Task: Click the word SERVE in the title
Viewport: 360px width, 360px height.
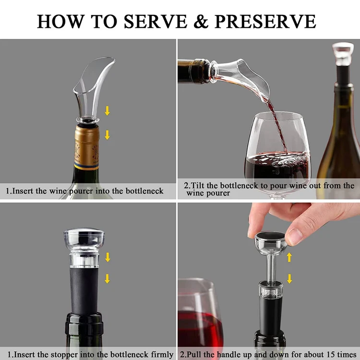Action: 156,21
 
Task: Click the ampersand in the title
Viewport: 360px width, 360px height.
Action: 201,21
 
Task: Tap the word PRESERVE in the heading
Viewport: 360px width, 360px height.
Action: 265,21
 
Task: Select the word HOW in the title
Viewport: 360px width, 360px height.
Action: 60,21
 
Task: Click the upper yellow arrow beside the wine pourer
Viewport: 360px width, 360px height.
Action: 107,111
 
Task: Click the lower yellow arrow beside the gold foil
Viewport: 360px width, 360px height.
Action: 107,135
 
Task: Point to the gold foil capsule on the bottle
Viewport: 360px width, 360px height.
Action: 87,147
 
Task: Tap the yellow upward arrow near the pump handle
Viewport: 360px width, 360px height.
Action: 289,257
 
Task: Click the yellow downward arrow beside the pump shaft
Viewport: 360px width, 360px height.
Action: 289,278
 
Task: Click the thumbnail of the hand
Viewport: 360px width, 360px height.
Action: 294,237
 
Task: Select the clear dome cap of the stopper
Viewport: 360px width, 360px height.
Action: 84,239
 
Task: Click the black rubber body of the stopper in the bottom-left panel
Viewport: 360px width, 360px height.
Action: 84,291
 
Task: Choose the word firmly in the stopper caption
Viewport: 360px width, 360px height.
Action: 162,355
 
